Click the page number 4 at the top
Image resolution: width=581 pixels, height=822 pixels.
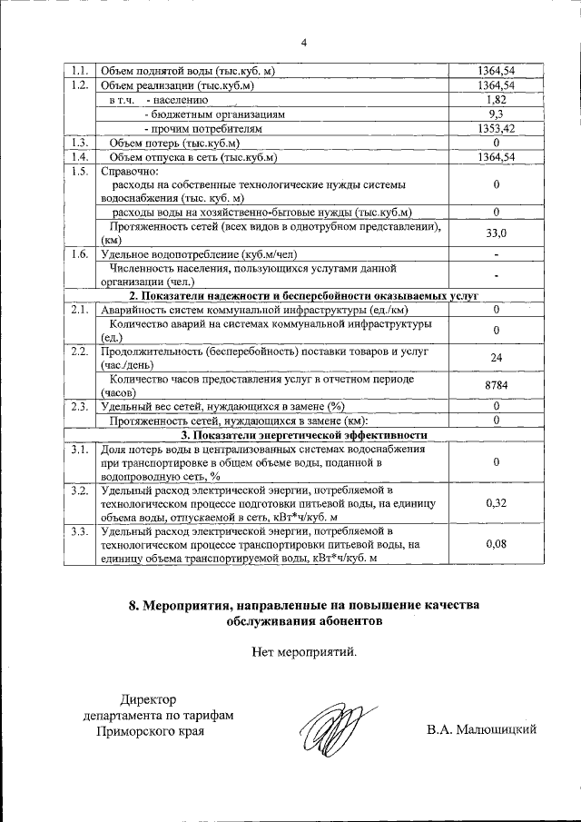pyautogui.click(x=304, y=43)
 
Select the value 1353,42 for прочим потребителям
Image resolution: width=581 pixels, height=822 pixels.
pyautogui.click(x=497, y=129)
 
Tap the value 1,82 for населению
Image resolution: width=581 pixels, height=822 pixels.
pyautogui.click(x=497, y=100)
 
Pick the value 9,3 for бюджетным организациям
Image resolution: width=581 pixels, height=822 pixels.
pyautogui.click(x=497, y=114)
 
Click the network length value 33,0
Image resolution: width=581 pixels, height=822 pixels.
pyautogui.click(x=497, y=233)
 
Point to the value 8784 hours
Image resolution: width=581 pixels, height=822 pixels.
pyautogui.click(x=497, y=385)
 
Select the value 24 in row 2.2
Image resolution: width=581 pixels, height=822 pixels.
pyautogui.click(x=497, y=358)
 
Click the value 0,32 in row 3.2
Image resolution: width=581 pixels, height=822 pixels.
pyautogui.click(x=497, y=501)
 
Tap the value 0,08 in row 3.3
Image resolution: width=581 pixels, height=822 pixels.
pyautogui.click(x=497, y=543)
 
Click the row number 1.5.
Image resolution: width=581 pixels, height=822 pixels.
pyautogui.click(x=78, y=172)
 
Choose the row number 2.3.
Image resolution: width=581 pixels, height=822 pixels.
pyautogui.click(x=78, y=406)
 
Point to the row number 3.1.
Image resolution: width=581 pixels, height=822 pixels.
pyautogui.click(x=78, y=450)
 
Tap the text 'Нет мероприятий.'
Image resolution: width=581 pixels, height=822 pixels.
pyautogui.click(x=304, y=650)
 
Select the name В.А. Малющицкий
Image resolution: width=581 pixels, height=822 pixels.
pyautogui.click(x=481, y=728)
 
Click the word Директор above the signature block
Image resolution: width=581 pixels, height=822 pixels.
pyautogui.click(x=150, y=699)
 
